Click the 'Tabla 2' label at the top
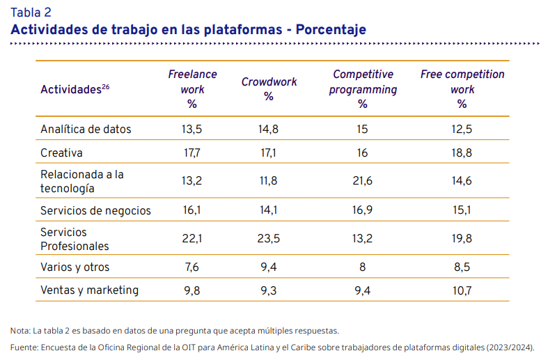31,13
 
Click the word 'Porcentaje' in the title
331,30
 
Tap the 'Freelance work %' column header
192,89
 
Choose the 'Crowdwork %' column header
269,89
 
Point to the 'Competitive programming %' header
363,89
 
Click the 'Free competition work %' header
462,89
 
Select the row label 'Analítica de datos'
86,130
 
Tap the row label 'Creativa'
61,152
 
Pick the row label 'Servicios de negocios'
95,211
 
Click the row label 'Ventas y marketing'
89,290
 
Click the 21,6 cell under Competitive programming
362,181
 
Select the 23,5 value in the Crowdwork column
268,238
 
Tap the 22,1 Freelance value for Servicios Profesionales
192,238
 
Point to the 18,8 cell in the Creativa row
462,152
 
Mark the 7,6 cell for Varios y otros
192,267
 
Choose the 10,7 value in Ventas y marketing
462,290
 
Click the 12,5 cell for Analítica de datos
462,130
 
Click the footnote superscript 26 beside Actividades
106,86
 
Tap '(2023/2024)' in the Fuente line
510,347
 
